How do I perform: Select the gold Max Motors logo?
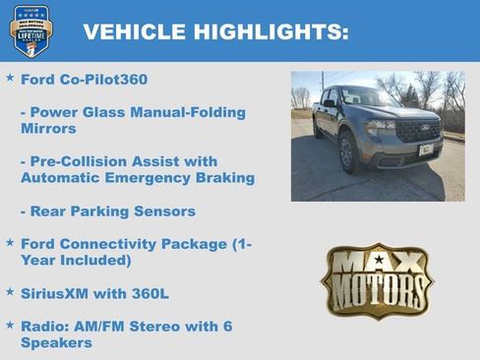tap(377, 280)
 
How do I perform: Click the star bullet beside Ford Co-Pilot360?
tap(10, 77)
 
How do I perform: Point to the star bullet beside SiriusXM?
tap(10, 292)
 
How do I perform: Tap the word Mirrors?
tap(49, 128)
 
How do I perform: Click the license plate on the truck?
tap(425, 150)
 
